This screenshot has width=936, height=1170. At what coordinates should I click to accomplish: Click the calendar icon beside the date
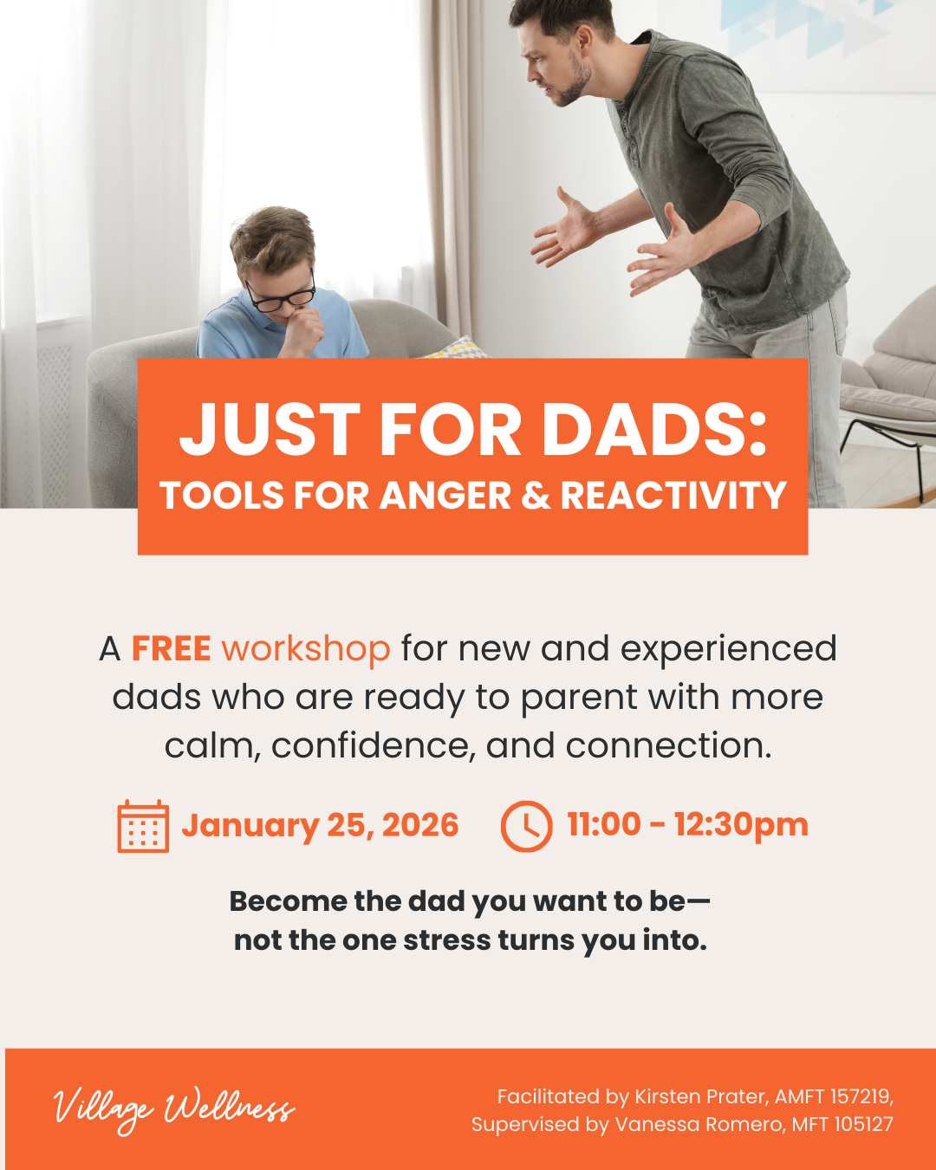coord(143,826)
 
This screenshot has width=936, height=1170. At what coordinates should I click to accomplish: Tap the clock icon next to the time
coord(526,826)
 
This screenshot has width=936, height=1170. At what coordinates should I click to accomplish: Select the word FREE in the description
coord(171,648)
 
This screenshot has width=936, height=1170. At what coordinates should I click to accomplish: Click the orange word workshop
coord(305,649)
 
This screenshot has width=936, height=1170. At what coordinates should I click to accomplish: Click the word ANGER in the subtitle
coord(445,496)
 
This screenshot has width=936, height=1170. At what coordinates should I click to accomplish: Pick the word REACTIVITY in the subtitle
coord(673,496)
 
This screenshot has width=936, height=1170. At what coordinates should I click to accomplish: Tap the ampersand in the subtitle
coord(536,496)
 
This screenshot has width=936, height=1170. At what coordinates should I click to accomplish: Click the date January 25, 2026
coord(320,826)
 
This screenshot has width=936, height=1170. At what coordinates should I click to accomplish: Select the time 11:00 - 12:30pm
coord(687,824)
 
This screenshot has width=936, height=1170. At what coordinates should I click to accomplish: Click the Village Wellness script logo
coord(173,1109)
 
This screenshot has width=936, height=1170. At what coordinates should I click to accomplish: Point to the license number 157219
coord(860,1096)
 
